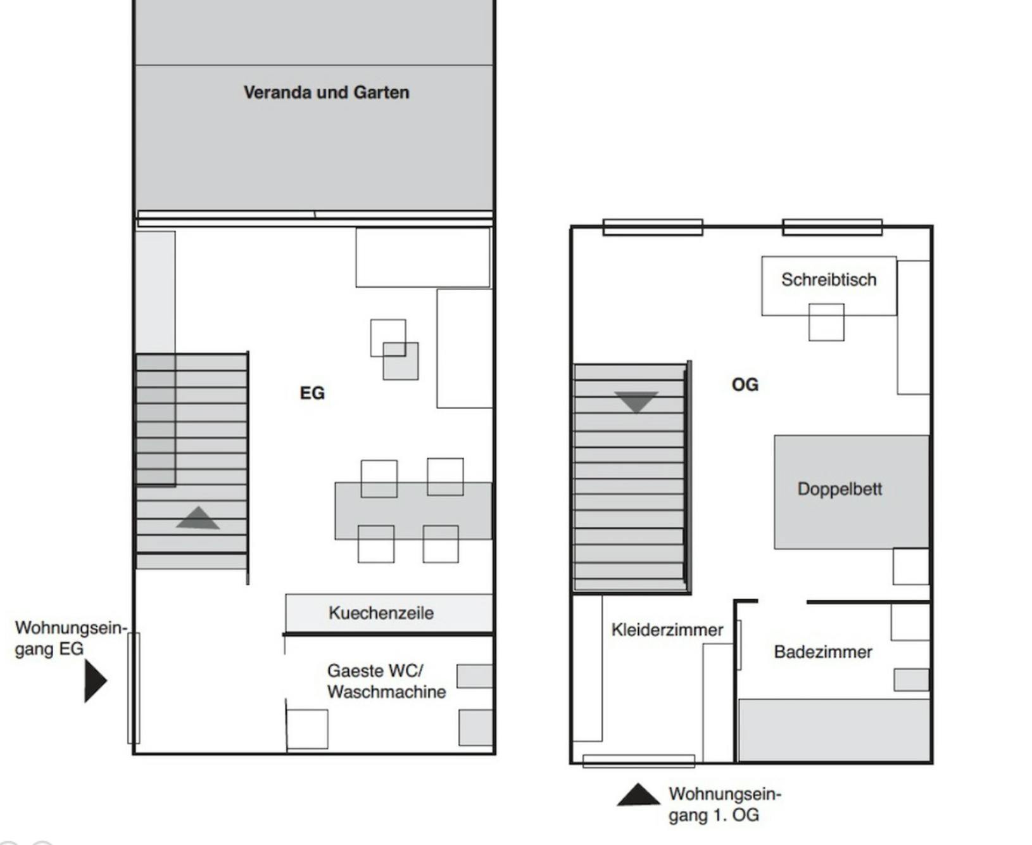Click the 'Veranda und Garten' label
click(x=326, y=92)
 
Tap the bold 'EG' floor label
click(x=312, y=393)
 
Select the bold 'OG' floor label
click(x=745, y=384)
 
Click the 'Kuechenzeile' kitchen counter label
click(x=381, y=613)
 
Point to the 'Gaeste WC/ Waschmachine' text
click(x=386, y=681)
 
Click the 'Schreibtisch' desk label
click(x=829, y=279)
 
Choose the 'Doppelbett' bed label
click(x=840, y=489)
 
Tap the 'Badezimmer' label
click(x=823, y=652)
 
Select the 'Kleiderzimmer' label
click(x=667, y=630)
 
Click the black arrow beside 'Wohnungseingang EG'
click(x=94, y=681)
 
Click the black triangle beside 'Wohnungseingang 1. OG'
click(x=638, y=796)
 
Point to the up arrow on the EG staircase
click(x=198, y=518)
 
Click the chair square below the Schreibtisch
click(x=826, y=322)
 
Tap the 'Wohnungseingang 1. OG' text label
click(x=724, y=804)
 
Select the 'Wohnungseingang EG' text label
click(x=70, y=638)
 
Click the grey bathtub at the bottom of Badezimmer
click(x=834, y=729)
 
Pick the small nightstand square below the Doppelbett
click(x=910, y=566)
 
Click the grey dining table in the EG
click(x=413, y=511)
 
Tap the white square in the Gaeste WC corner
click(x=307, y=729)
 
